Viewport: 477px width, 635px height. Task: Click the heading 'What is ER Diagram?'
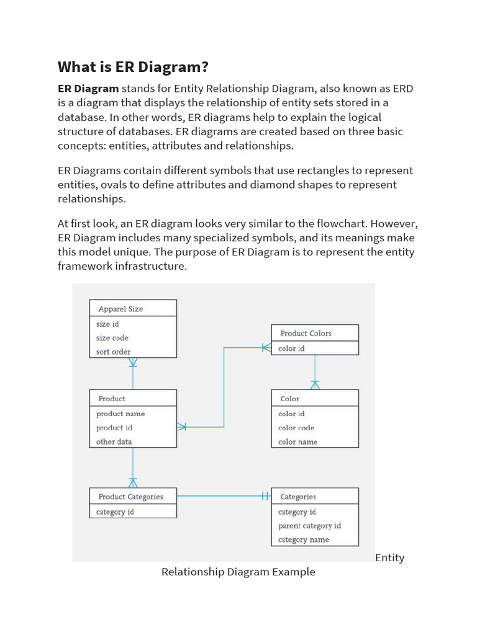(x=132, y=67)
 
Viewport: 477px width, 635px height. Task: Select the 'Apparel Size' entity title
(x=120, y=309)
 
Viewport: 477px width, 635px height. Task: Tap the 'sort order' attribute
(x=113, y=352)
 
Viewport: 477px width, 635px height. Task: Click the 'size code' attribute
(x=112, y=338)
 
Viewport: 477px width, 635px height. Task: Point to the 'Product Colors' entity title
(x=306, y=333)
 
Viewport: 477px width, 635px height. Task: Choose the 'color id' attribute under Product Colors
(x=291, y=349)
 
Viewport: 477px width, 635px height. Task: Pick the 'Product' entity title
(x=112, y=399)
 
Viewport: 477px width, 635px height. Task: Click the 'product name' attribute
(x=120, y=414)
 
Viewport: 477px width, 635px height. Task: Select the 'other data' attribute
(x=114, y=442)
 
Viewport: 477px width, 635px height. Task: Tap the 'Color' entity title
(x=289, y=399)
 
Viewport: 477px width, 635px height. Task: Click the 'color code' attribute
(x=296, y=428)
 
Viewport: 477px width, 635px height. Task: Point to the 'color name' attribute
(x=298, y=442)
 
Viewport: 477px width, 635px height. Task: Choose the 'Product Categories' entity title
(x=130, y=497)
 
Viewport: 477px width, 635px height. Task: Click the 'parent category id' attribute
(x=309, y=526)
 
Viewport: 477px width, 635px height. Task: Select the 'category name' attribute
(x=303, y=540)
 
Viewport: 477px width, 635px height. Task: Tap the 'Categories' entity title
(x=298, y=497)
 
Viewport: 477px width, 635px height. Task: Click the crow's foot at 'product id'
(x=181, y=427)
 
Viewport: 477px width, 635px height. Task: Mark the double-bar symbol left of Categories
(x=265, y=495)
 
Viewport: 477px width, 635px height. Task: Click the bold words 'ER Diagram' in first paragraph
(x=88, y=89)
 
